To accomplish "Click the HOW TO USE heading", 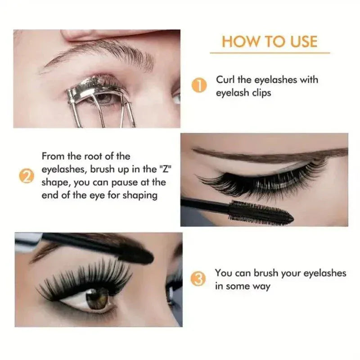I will (x=270, y=41).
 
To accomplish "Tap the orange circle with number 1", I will (x=199, y=85).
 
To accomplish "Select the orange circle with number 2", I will (x=27, y=176).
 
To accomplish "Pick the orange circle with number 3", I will (x=198, y=279).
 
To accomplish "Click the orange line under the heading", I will (x=270, y=53).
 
